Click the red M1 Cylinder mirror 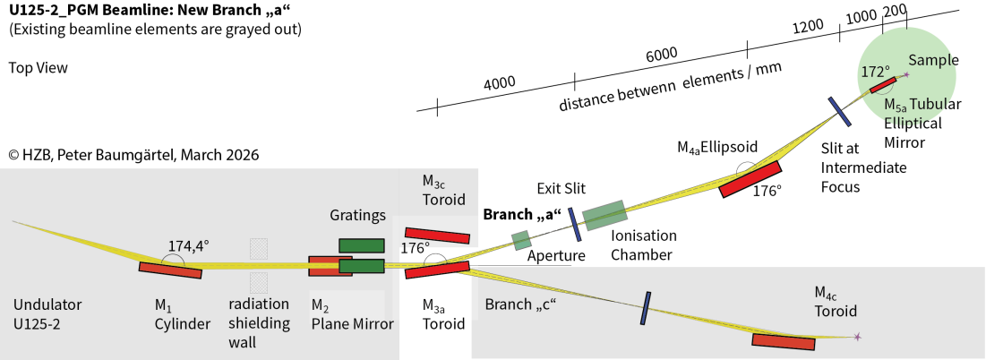pyautogui.click(x=170, y=269)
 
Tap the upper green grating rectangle pyautogui.click(x=362, y=245)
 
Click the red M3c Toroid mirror pyautogui.click(x=436, y=236)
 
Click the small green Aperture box pyautogui.click(x=521, y=240)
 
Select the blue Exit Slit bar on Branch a pyautogui.click(x=574, y=225)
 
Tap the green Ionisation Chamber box pyautogui.click(x=605, y=215)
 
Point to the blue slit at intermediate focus pyautogui.click(x=839, y=112)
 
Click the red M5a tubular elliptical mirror pyautogui.click(x=883, y=84)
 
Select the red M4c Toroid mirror pyautogui.click(x=784, y=340)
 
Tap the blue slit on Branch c pyautogui.click(x=645, y=308)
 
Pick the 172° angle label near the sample pyautogui.click(x=875, y=71)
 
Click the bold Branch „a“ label pyautogui.click(x=521, y=215)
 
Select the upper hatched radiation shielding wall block pyautogui.click(x=259, y=249)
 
